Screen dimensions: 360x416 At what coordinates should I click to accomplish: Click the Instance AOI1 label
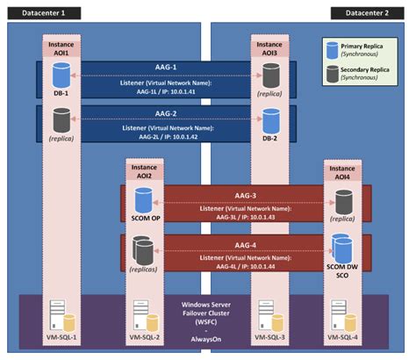pos(61,46)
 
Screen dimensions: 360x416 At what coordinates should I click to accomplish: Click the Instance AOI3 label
pos(269,46)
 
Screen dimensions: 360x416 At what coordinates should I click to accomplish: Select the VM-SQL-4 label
pos(342,337)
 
